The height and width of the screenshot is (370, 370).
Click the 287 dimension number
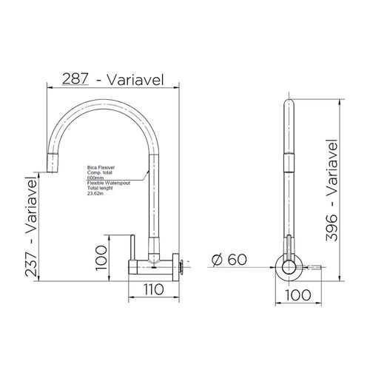[x=75, y=79]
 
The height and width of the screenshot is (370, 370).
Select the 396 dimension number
[x=331, y=228]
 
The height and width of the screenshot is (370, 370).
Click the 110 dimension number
[x=154, y=289]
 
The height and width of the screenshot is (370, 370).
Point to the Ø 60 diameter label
[x=229, y=260]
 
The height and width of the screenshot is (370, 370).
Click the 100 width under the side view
[x=298, y=295]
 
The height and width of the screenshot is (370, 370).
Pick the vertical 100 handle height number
[x=101, y=258]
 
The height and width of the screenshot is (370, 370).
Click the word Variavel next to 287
[x=135, y=79]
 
